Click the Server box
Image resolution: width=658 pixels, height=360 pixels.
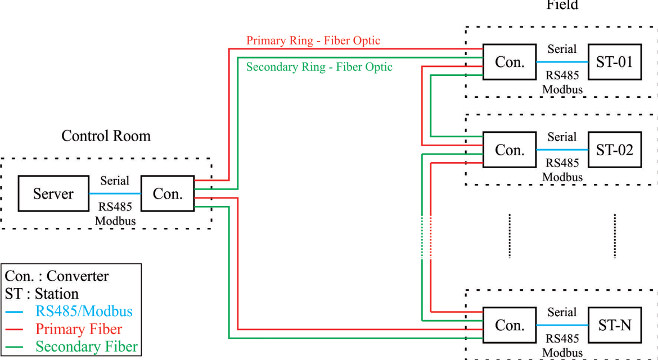(53, 193)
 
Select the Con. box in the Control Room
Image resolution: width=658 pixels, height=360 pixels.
(168, 193)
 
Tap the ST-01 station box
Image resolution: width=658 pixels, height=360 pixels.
(614, 62)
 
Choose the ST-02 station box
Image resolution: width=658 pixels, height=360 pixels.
(614, 150)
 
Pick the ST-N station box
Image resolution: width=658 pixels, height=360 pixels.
(614, 325)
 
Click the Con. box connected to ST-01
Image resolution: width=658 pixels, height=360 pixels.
(510, 62)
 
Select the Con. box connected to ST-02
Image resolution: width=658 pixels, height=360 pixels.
(510, 150)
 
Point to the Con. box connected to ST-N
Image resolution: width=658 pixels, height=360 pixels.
(510, 325)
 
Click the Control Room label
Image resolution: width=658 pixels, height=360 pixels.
(106, 136)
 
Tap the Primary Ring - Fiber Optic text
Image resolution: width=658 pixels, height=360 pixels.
(313, 40)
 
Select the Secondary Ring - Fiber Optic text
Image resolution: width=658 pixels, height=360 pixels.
(319, 67)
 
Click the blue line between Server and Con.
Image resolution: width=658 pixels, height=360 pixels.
(115, 193)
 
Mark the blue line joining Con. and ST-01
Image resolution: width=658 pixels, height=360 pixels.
(562, 62)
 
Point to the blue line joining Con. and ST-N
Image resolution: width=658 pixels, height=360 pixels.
(562, 325)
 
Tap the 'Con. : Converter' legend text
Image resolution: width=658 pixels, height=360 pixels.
(57, 276)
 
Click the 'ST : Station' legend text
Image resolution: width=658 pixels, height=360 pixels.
(42, 294)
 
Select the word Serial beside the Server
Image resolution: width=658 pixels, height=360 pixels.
(115, 181)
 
